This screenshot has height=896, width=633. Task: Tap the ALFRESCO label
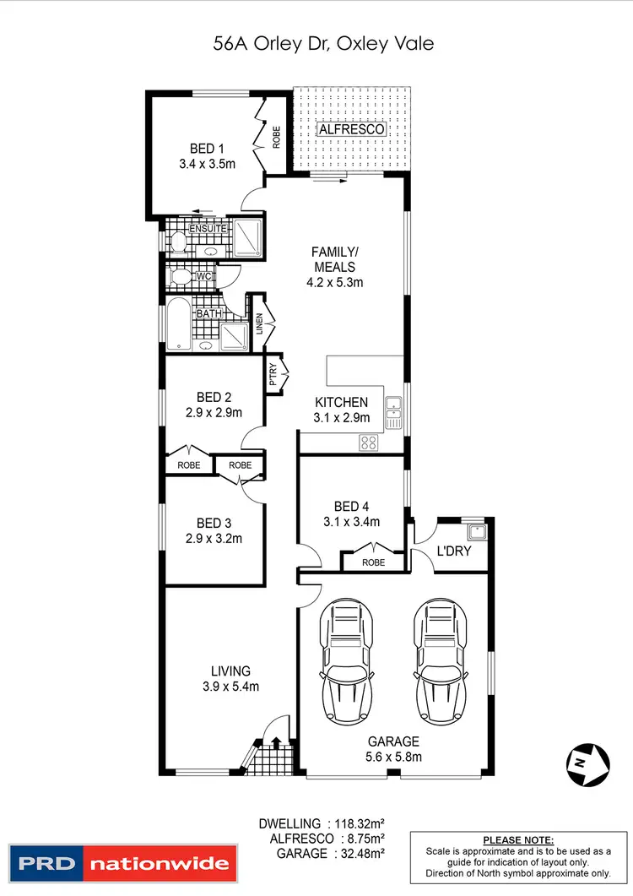352,130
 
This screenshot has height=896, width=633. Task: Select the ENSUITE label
208,229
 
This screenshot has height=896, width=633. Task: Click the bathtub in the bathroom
178,324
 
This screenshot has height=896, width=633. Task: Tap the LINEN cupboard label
261,323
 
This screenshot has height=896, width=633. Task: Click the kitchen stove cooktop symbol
369,441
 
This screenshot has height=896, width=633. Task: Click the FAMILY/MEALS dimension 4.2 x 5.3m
335,282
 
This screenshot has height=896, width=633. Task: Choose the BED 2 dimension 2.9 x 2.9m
214,412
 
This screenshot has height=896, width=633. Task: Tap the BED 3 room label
214,523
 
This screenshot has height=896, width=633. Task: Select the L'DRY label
453,551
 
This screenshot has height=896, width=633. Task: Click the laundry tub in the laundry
477,532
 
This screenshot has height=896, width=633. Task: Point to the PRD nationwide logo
120,863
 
